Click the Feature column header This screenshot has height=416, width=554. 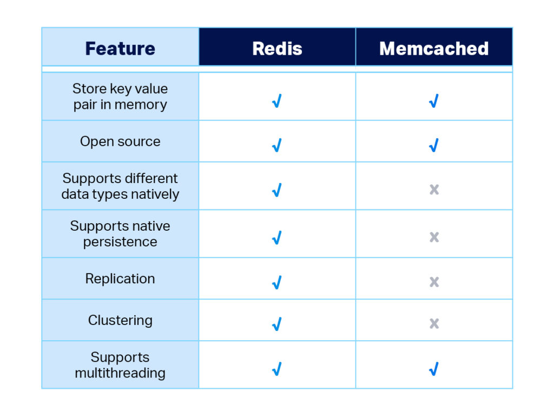pyautogui.click(x=120, y=48)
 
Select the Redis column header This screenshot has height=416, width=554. pyautogui.click(x=278, y=48)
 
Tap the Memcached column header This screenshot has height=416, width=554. pyautogui.click(x=434, y=48)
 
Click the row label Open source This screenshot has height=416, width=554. pyautogui.click(x=120, y=141)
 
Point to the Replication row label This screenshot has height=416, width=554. pyautogui.click(x=120, y=279)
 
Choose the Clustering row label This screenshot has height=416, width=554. pyautogui.click(x=120, y=321)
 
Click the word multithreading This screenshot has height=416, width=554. pyautogui.click(x=120, y=373)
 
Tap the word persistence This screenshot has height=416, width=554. pyautogui.click(x=120, y=242)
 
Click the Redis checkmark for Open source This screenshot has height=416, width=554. pyautogui.click(x=277, y=145)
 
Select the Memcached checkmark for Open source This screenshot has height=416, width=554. pyautogui.click(x=434, y=145)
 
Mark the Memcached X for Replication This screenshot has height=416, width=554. pyautogui.click(x=434, y=282)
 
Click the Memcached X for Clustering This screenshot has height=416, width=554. pyautogui.click(x=434, y=323)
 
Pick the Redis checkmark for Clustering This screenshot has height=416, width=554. pyautogui.click(x=277, y=324)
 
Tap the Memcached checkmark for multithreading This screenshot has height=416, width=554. pyautogui.click(x=434, y=369)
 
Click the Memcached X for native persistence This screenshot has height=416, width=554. pyautogui.click(x=434, y=237)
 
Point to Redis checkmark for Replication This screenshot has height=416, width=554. pyautogui.click(x=277, y=282)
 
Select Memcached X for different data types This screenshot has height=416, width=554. pyautogui.click(x=434, y=190)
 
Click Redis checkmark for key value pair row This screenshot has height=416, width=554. pyautogui.click(x=277, y=101)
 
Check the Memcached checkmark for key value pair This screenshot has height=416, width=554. pyautogui.click(x=434, y=101)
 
